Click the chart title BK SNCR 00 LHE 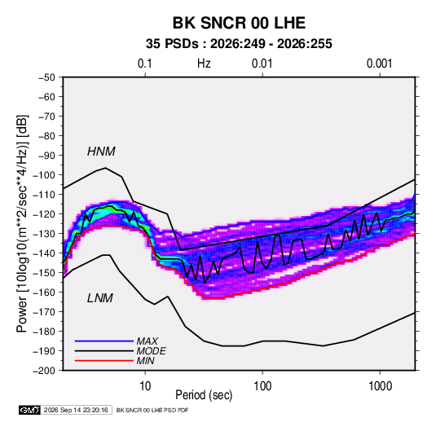coord(239,23)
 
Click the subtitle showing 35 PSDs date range coord(239,44)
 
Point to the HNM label coord(101,152)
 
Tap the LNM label coord(100,298)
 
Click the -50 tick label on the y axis coord(46,77)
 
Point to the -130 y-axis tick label coord(45,234)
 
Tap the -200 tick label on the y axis coord(45,371)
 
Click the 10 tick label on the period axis coord(145,386)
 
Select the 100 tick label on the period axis coord(262,386)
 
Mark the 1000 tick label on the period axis coord(380,386)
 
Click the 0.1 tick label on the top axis coord(145,64)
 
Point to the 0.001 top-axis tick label coord(379,64)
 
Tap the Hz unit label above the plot coord(204,64)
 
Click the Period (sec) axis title coord(204,395)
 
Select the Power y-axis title coord(22,223)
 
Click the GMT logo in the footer coord(29,410)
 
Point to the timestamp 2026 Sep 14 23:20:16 coord(76,410)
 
